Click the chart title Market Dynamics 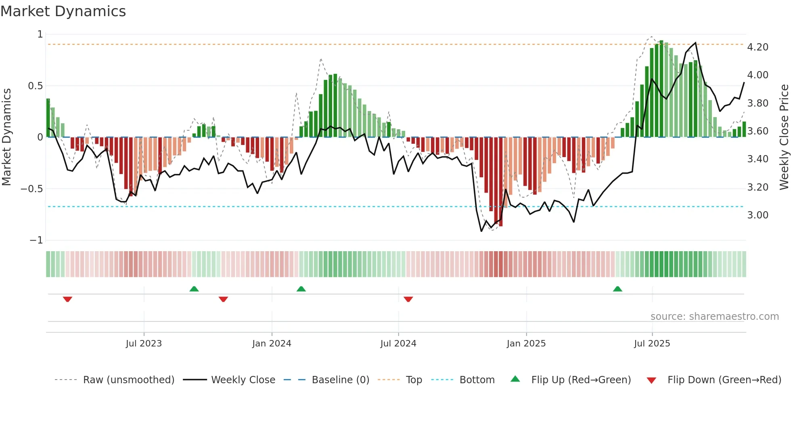point(63,11)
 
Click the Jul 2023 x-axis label point(144,344)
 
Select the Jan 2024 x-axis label point(272,344)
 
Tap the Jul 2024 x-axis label point(398,344)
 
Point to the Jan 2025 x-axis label point(526,344)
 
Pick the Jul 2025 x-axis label point(652,344)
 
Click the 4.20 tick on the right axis point(758,47)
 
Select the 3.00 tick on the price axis point(758,215)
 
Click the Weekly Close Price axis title point(784,137)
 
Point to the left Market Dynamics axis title point(6,137)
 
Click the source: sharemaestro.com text point(714,317)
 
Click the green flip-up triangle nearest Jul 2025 point(617,289)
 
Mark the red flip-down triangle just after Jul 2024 point(408,299)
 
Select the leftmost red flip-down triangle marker point(67,299)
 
